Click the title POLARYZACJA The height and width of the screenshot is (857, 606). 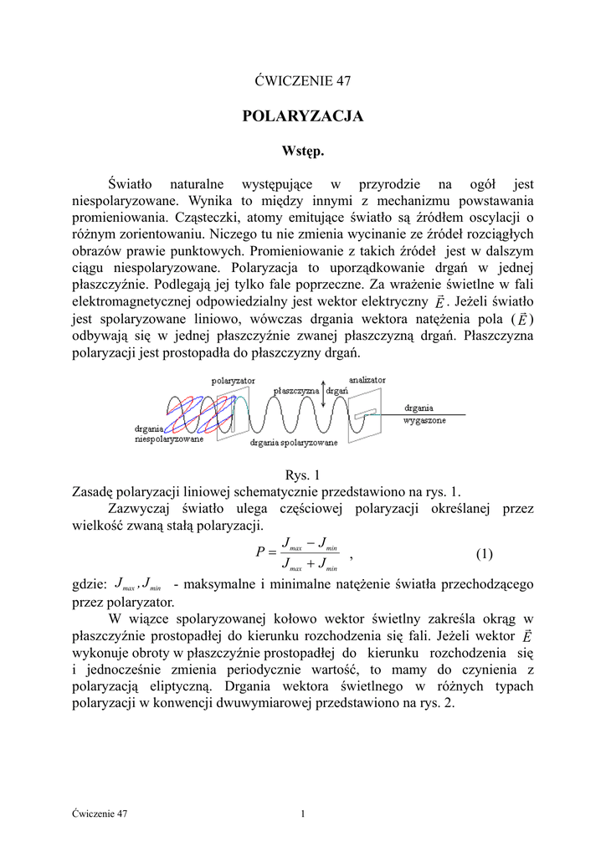coord(302,117)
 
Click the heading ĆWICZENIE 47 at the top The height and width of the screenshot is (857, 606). coord(302,81)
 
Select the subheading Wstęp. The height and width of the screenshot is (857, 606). coord(302,151)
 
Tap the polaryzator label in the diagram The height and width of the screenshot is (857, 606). coord(234,380)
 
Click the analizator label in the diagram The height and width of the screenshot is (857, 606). coord(368,379)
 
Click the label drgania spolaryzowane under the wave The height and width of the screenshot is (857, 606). coord(294,442)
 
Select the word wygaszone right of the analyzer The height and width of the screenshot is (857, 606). coord(425,420)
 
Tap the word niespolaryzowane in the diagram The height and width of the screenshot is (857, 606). coord(169,439)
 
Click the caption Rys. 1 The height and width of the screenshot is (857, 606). coord(302,475)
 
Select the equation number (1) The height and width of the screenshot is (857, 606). coord(484,554)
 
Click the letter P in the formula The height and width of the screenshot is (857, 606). coord(260,554)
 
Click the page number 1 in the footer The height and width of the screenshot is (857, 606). coord(302,813)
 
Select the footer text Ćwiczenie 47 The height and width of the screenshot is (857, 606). coord(100,813)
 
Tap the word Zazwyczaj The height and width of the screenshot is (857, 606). coord(139,508)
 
